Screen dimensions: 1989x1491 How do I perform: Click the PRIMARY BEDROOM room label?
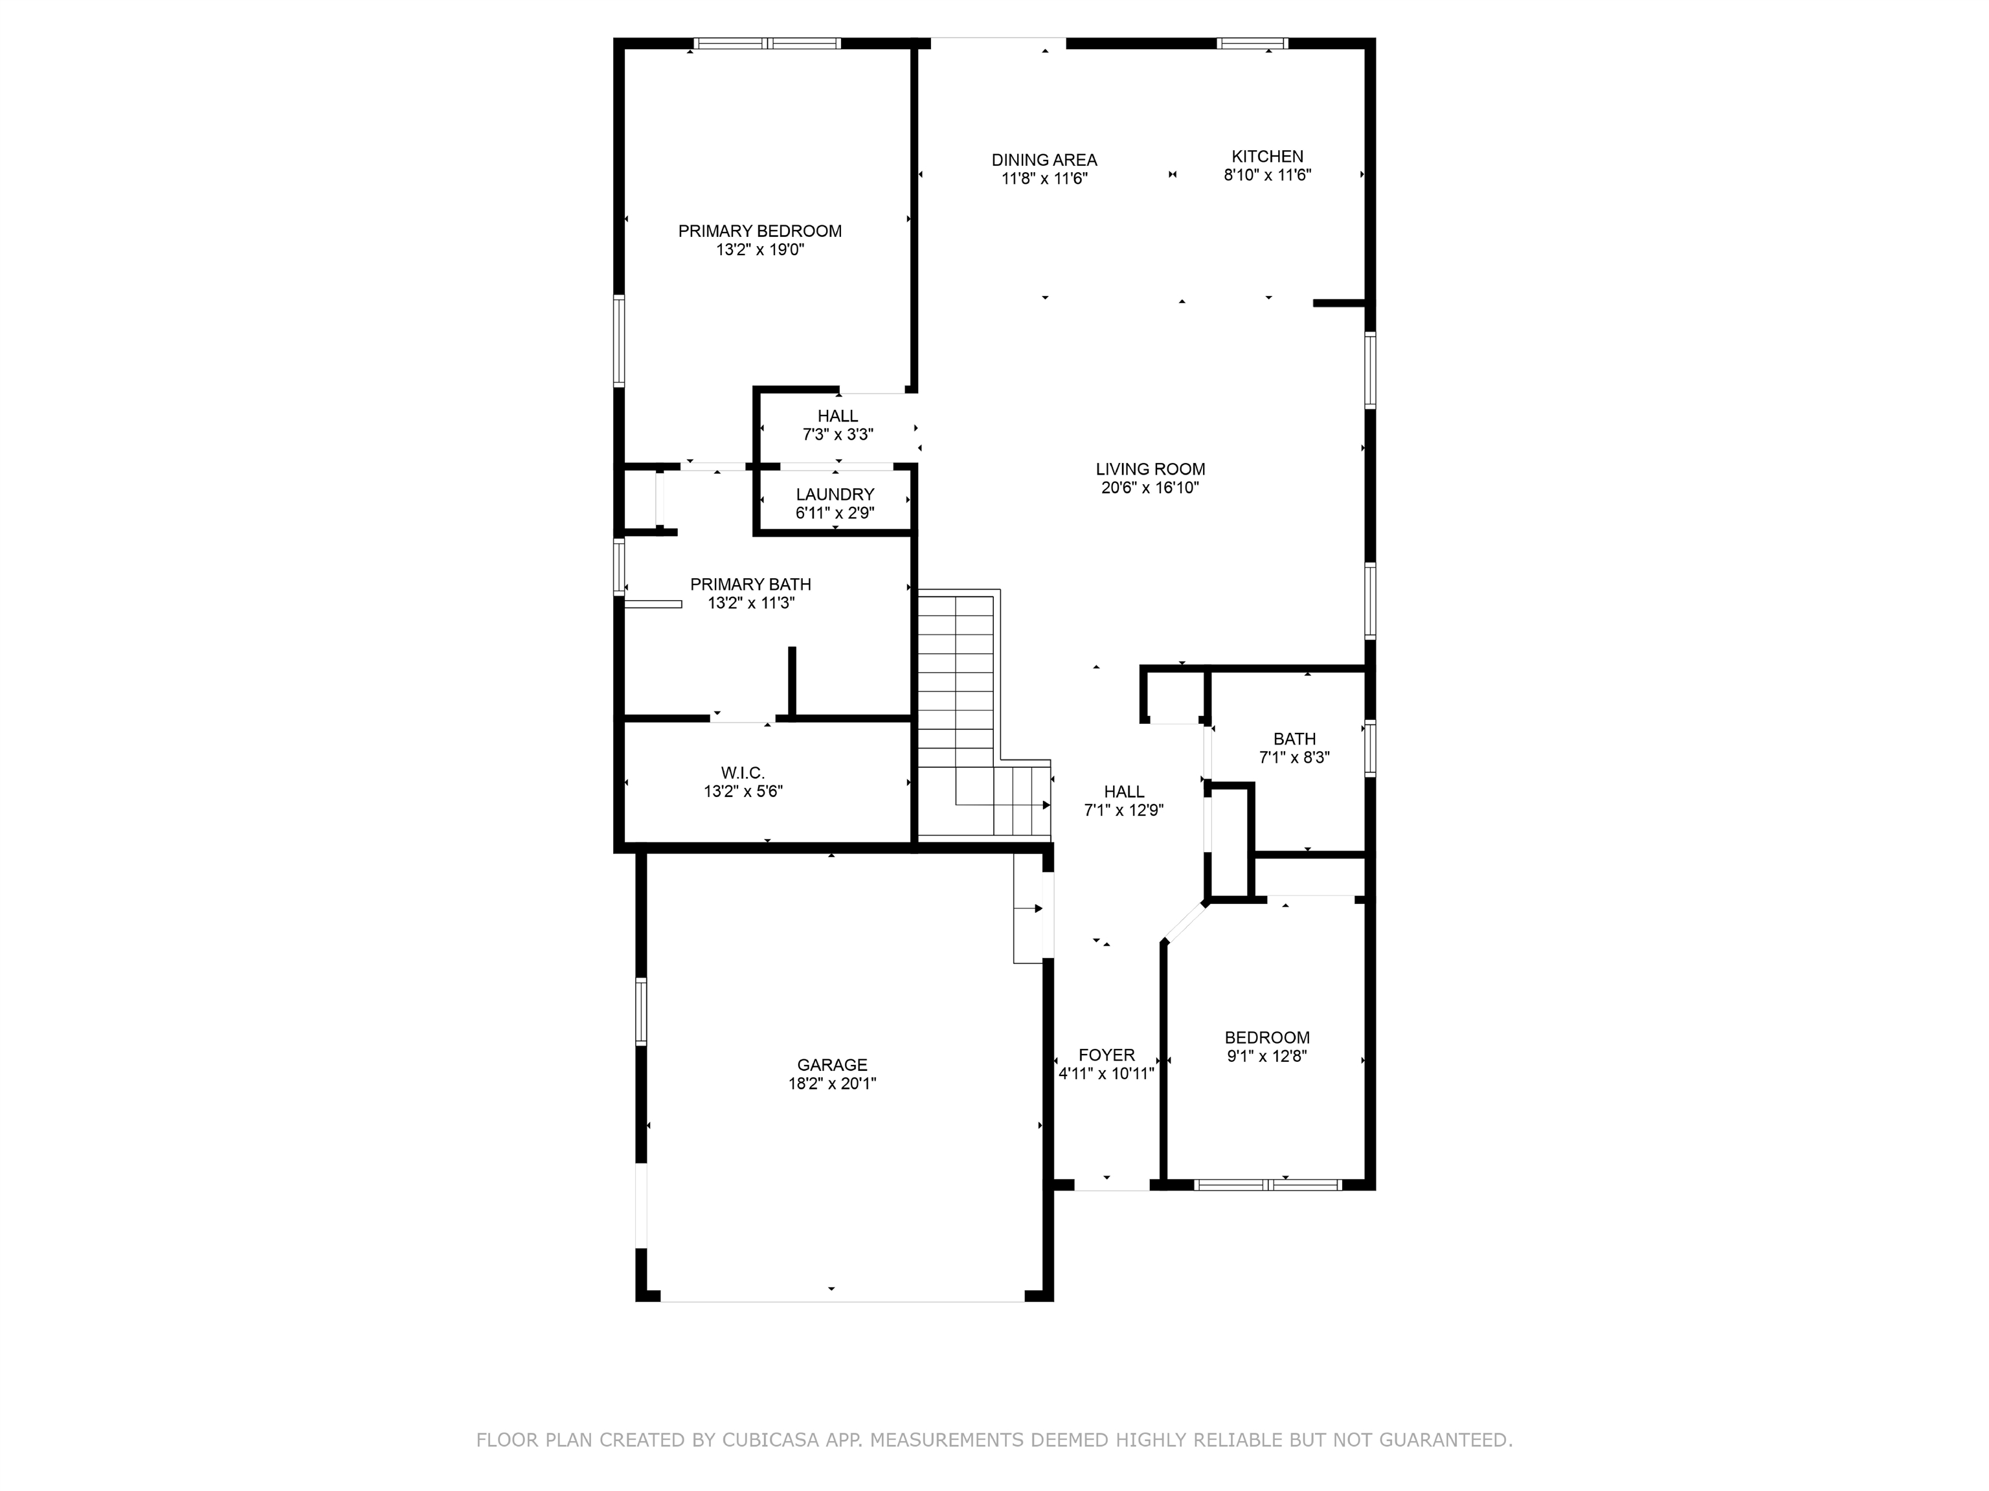click(x=760, y=231)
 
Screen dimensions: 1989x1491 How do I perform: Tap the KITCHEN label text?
click(x=1267, y=157)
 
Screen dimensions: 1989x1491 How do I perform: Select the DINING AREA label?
click(x=1044, y=160)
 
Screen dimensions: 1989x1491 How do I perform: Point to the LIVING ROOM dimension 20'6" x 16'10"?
click(x=1150, y=488)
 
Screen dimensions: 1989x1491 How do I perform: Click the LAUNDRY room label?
click(x=835, y=495)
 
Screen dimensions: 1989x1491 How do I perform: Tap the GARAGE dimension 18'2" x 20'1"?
click(x=832, y=1084)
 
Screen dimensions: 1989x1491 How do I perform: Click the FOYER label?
click(x=1106, y=1055)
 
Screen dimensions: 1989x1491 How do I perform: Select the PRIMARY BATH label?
click(x=751, y=585)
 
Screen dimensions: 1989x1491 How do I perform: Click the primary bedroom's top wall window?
click(x=767, y=43)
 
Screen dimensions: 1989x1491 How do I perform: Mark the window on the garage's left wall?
click(x=641, y=1012)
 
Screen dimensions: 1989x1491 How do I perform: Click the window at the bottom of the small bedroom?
click(x=1268, y=1184)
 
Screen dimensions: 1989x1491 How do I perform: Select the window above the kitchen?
click(x=1253, y=43)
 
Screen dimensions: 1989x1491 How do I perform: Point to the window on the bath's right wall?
click(x=1371, y=747)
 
